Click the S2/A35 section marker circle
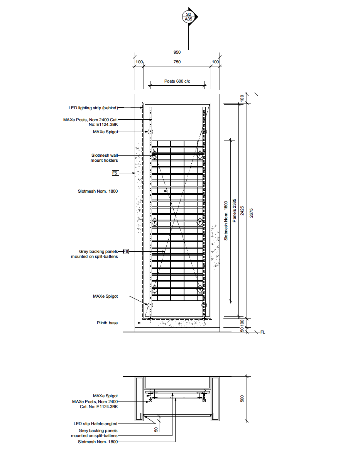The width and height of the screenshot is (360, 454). (188, 17)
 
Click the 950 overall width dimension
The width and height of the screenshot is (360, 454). (177, 52)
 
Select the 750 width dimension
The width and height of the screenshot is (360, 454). (177, 62)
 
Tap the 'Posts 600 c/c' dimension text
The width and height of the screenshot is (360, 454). (177, 81)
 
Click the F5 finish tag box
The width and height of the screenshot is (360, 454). (115, 173)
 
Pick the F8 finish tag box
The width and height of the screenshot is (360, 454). (126, 252)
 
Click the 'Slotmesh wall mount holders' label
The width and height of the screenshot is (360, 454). (104, 158)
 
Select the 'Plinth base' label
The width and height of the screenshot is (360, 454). (107, 323)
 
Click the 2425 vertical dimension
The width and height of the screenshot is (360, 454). (242, 210)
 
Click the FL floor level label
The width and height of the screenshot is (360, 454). (263, 332)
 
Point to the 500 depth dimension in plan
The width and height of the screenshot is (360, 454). (242, 398)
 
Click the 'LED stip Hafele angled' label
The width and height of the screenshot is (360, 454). (96, 424)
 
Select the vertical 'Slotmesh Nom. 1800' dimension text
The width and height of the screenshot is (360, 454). (226, 220)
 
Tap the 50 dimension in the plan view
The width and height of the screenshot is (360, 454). (156, 429)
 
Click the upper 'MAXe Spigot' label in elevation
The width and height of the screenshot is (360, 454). (105, 132)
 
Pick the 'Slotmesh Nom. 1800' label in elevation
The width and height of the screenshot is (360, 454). (98, 191)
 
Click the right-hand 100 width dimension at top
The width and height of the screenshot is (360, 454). (215, 62)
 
